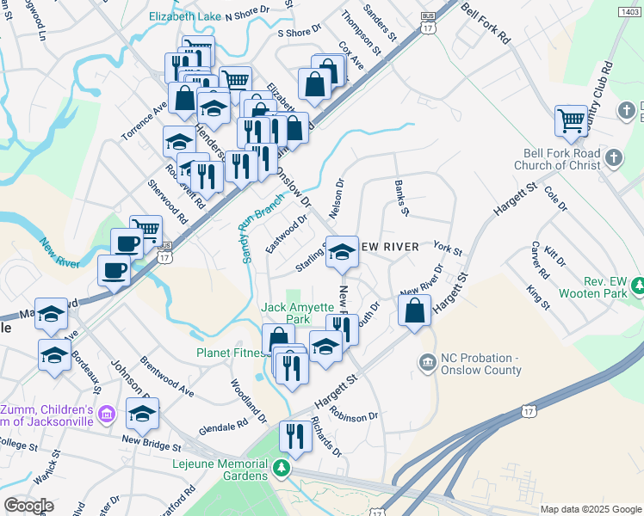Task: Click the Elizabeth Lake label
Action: pyautogui.click(x=184, y=16)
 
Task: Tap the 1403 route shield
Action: pyautogui.click(x=629, y=10)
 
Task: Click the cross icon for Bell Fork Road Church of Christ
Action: pyautogui.click(x=612, y=157)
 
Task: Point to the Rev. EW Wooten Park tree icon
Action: pyautogui.click(x=637, y=285)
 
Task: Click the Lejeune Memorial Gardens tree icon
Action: pyautogui.click(x=281, y=467)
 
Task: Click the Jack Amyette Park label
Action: pyautogui.click(x=285, y=313)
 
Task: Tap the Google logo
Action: pyautogui.click(x=28, y=505)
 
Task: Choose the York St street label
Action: pyautogui.click(x=448, y=249)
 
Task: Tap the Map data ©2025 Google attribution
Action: pyautogui.click(x=590, y=509)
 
